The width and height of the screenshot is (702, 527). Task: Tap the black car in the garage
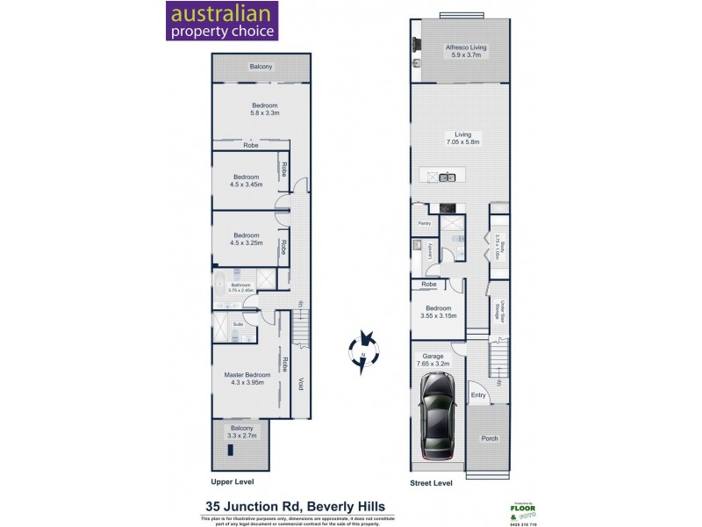pyautogui.click(x=437, y=415)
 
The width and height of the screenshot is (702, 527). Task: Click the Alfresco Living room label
pyautogui.click(x=466, y=51)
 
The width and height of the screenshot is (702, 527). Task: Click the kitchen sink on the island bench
pyautogui.click(x=447, y=177)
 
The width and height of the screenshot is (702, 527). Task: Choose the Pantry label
pyautogui.click(x=424, y=223)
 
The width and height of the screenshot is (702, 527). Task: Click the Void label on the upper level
pyautogui.click(x=300, y=384)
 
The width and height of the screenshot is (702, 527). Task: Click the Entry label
pyautogui.click(x=478, y=395)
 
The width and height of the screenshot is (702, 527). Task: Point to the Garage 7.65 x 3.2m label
pyautogui.click(x=436, y=358)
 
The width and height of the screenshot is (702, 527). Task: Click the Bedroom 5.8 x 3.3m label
pyautogui.click(x=264, y=109)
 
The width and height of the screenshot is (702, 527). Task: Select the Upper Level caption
pyautogui.click(x=233, y=482)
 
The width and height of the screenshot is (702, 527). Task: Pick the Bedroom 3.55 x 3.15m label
pyautogui.click(x=438, y=312)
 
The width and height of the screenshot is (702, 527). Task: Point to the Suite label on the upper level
pyautogui.click(x=237, y=324)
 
